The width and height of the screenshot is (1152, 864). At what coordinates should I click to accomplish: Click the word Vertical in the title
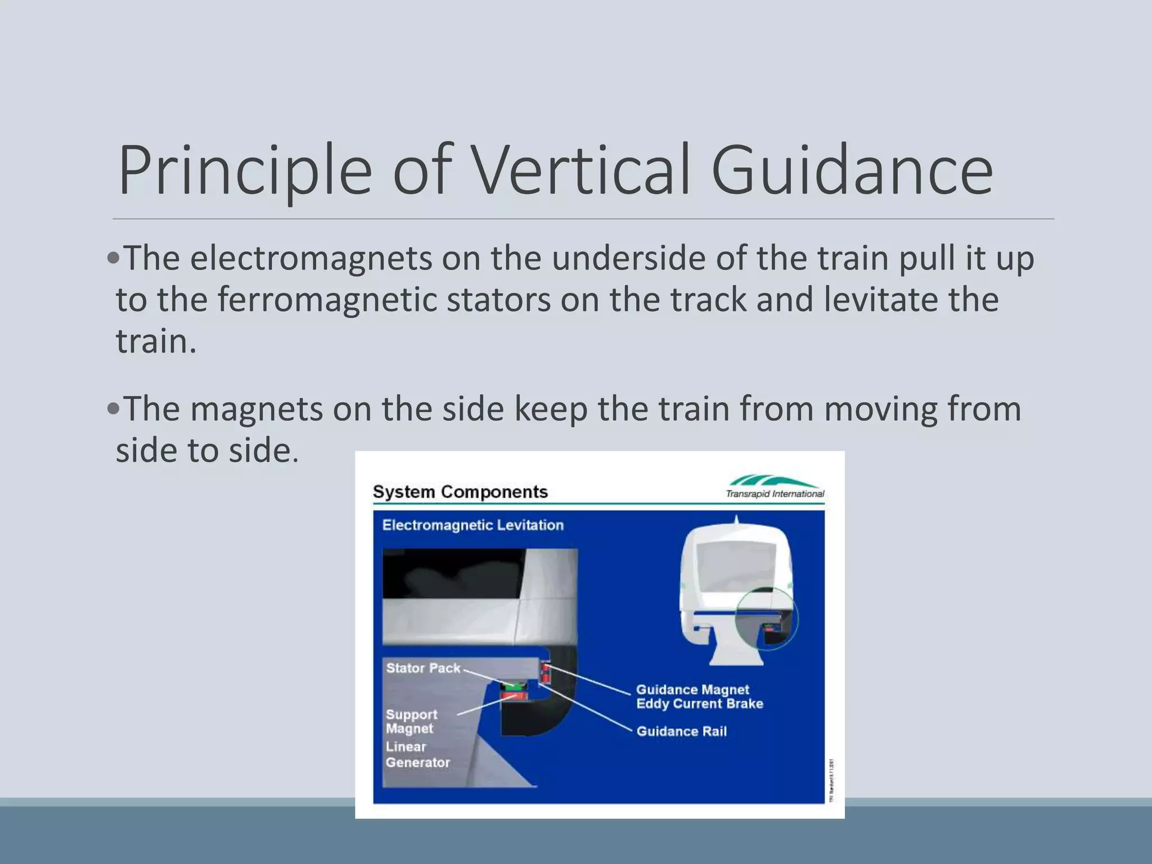583,170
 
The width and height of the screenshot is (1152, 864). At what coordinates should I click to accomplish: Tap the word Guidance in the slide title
852,170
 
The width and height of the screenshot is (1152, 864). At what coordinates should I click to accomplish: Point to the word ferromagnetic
327,299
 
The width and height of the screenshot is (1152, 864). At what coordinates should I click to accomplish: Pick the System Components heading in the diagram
460,492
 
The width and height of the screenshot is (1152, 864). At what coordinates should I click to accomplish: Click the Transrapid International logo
775,487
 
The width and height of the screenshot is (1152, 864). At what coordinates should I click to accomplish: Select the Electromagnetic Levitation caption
472,525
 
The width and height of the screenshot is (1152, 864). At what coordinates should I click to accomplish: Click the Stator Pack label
423,668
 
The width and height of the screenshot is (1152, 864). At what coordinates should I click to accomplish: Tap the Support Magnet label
411,721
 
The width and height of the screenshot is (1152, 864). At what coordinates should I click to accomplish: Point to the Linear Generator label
417,754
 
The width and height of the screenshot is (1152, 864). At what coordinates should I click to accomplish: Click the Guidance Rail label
681,731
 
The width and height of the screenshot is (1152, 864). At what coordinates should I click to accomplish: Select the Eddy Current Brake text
699,704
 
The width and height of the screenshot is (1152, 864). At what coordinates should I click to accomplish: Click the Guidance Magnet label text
692,690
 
